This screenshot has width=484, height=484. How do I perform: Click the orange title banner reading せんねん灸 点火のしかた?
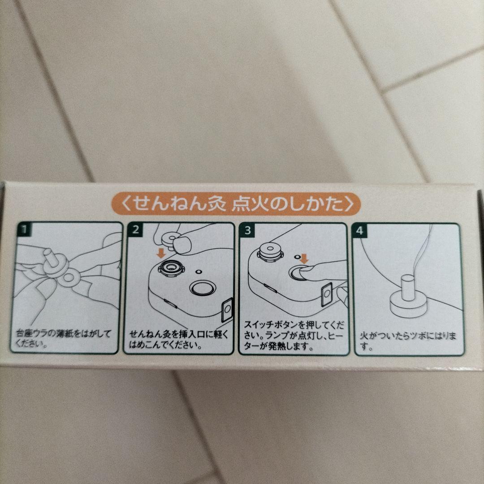click(x=236, y=204)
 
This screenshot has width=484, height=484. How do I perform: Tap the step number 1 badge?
click(x=24, y=229)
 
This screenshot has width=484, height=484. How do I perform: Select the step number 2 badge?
click(x=135, y=230)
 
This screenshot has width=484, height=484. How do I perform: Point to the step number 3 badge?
click(x=247, y=231)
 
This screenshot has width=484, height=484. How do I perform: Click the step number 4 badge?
click(x=359, y=231)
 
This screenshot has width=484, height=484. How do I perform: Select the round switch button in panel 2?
click(x=202, y=288)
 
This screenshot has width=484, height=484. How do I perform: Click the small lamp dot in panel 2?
click(x=199, y=272)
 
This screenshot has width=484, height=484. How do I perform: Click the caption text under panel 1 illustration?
click(x=63, y=338)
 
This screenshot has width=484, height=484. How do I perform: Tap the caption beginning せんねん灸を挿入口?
click(x=179, y=339)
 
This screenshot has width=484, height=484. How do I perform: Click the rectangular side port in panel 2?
click(x=228, y=309)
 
